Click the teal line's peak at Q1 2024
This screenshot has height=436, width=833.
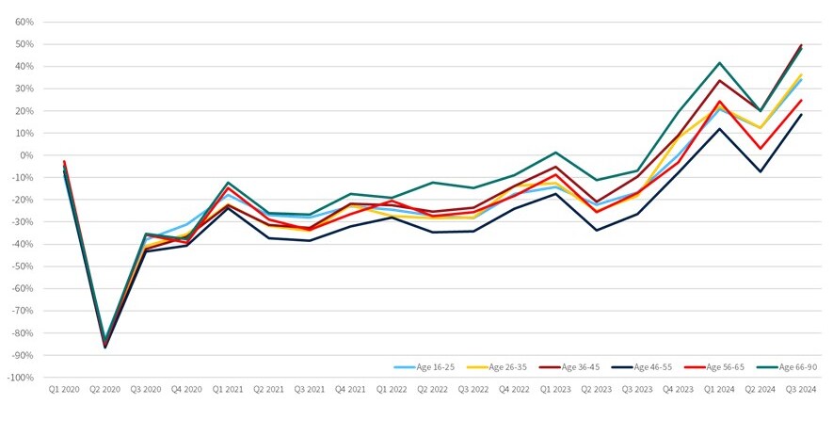tap(719, 63)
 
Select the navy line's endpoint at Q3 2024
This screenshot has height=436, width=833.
tap(800, 115)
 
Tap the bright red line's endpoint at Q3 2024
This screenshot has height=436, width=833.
tap(800, 100)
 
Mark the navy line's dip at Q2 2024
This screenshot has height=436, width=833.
tap(760, 171)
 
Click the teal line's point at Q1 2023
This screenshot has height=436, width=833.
tap(555, 153)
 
